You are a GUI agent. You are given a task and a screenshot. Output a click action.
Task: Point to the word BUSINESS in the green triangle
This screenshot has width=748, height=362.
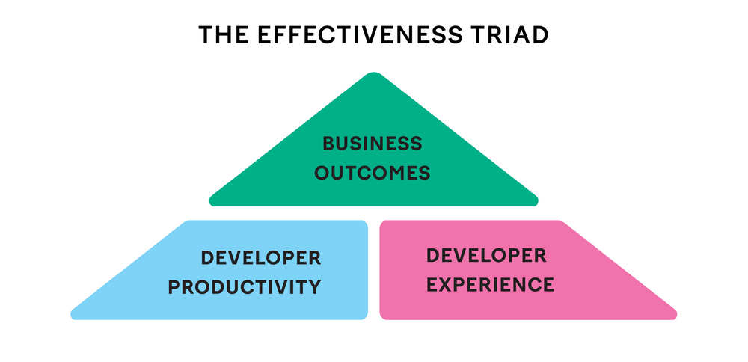pyautogui.click(x=373, y=143)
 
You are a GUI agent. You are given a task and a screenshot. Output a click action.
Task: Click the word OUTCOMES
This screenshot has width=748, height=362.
pyautogui.click(x=373, y=174)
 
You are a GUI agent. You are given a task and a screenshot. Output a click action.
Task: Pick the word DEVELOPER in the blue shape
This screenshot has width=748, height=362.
pyautogui.click(x=261, y=258)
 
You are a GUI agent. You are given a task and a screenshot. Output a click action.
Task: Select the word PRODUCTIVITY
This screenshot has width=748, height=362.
pyautogui.click(x=245, y=286)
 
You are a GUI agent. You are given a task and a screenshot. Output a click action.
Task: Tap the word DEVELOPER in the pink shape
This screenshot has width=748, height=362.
pyautogui.click(x=486, y=255)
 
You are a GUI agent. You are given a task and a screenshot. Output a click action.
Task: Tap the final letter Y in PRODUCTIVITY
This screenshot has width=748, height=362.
pyautogui.click(x=315, y=286)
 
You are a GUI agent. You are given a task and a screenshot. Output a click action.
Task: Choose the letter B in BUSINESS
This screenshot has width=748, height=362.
pyautogui.click(x=328, y=143)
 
